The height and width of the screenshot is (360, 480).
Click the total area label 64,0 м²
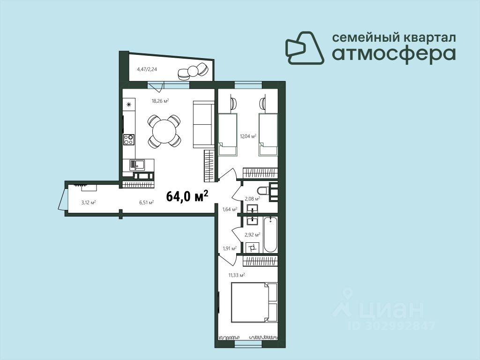click(x=187, y=196)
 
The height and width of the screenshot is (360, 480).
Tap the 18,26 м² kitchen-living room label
click(x=160, y=100)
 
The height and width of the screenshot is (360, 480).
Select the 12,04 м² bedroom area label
click(x=248, y=136)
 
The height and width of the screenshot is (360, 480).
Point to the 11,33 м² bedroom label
click(x=237, y=275)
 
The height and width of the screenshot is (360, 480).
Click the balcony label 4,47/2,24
click(x=147, y=69)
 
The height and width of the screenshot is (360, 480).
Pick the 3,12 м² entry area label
click(x=89, y=202)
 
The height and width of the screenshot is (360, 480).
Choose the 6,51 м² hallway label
click(x=146, y=202)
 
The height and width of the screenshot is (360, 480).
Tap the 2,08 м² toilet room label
click(x=252, y=198)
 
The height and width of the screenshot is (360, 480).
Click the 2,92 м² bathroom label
click(x=252, y=235)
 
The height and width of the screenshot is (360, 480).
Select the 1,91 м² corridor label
click(x=230, y=248)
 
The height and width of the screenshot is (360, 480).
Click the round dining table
click(x=164, y=131)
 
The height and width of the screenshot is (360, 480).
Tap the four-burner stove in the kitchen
click(x=128, y=139)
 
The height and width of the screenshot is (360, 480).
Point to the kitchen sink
click(x=137, y=165)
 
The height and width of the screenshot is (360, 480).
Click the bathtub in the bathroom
click(x=270, y=234)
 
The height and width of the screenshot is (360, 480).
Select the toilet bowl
click(x=263, y=191)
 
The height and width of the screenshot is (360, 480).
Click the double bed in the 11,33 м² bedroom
click(x=254, y=302)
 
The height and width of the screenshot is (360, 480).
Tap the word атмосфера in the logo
click(x=394, y=54)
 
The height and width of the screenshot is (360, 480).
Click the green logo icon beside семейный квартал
click(x=305, y=48)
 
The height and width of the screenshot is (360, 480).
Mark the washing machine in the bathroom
click(x=253, y=247)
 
